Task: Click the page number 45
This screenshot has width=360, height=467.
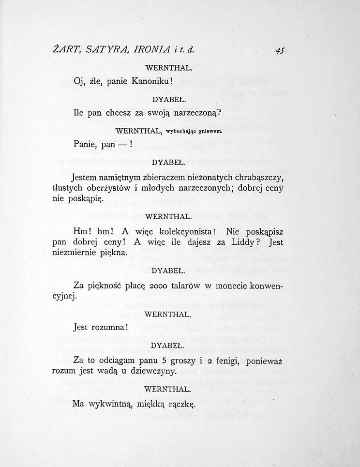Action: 279,50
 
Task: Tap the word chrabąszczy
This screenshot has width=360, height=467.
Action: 259,177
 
